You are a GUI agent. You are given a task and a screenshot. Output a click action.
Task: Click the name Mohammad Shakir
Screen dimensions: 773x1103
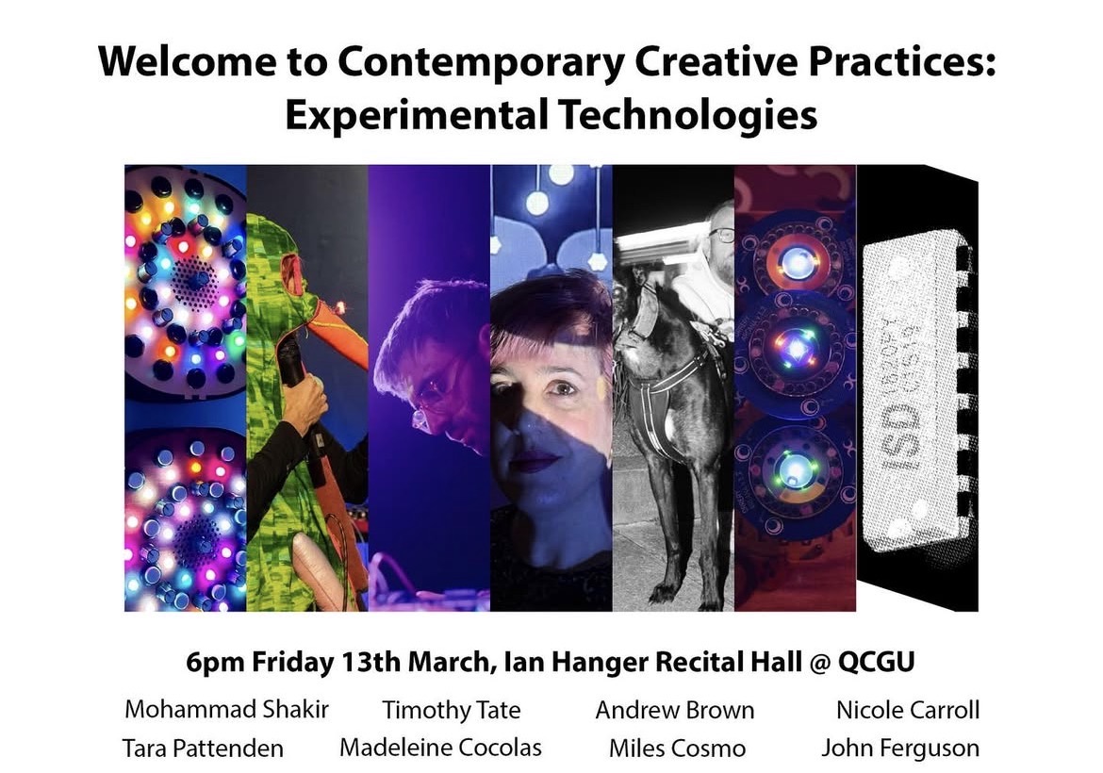225,709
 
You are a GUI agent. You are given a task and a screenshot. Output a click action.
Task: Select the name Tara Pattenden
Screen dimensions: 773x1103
203,748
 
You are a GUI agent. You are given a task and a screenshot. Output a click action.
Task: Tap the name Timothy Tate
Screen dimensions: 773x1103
451,710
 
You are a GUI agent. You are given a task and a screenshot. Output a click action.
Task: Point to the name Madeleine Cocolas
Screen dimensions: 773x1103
440,748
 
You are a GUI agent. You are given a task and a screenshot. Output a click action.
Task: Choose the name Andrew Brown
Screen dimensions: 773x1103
674,710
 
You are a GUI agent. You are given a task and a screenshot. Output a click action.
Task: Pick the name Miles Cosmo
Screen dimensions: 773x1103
677,749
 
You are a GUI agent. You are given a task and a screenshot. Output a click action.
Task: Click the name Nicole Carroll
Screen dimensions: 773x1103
907,710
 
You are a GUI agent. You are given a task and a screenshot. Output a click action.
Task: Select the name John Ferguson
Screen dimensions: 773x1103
899,749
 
